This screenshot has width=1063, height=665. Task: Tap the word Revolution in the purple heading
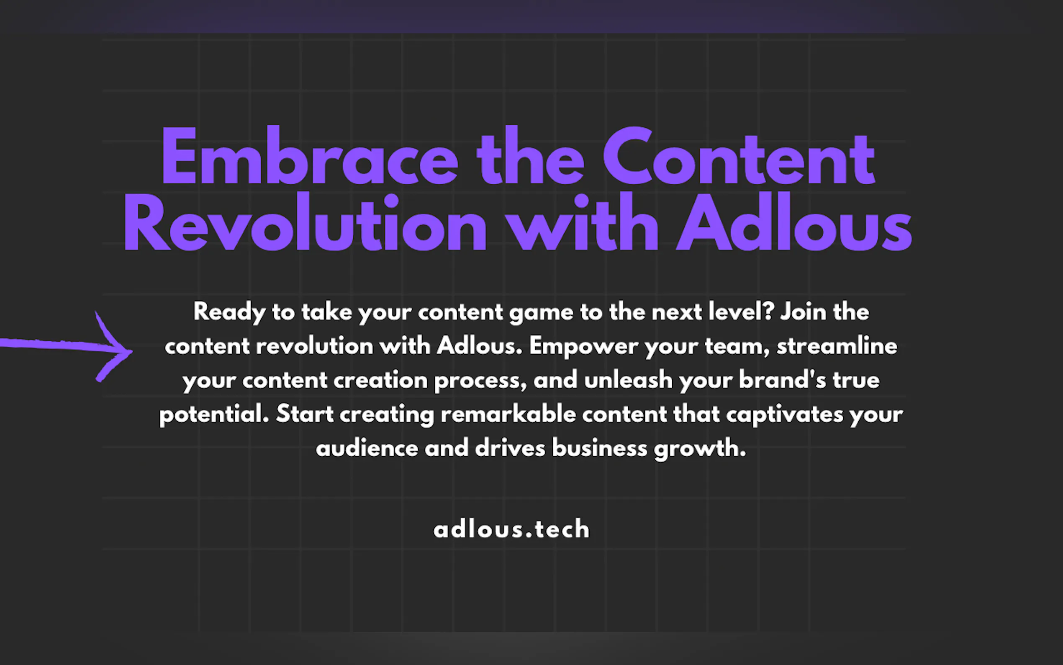(305, 222)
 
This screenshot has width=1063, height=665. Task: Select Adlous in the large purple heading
(794, 222)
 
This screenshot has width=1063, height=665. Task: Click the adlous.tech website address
(511, 528)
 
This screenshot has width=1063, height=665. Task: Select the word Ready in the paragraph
(229, 312)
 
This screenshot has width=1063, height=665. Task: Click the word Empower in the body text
(583, 347)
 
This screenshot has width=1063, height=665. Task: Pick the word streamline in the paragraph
(837, 346)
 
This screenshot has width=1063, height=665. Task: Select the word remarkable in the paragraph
(508, 414)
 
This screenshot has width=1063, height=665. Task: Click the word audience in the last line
(367, 448)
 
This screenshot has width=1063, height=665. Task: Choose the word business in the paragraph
(599, 448)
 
